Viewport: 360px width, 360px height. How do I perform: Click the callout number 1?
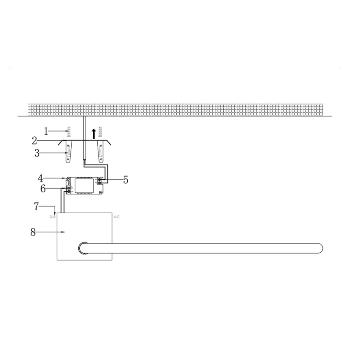tap(46, 132)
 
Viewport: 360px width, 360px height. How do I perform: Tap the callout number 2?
tap(34, 141)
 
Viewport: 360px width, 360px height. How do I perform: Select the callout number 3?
tap(37, 153)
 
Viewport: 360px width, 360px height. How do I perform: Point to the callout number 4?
tap(40, 178)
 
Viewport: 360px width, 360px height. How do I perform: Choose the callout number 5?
tap(126, 180)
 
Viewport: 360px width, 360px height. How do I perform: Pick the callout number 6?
tap(43, 189)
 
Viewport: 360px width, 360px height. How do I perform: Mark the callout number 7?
tap(36, 206)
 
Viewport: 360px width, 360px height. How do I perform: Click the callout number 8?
tap(33, 232)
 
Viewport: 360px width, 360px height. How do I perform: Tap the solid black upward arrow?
tap(94, 134)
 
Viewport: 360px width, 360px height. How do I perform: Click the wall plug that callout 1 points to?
tap(68, 132)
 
